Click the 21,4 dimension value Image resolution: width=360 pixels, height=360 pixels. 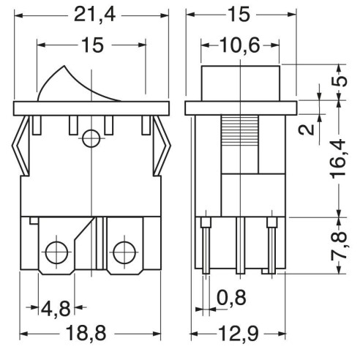click(94, 15)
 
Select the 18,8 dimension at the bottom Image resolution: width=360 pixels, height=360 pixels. click(86, 333)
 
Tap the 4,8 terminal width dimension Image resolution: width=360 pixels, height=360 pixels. click(56, 308)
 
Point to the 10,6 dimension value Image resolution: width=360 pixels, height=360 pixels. click(240, 45)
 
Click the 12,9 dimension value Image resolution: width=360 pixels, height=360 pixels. click(239, 333)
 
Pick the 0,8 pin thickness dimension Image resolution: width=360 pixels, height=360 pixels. click(231, 297)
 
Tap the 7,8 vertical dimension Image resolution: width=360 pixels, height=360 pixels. click(339, 245)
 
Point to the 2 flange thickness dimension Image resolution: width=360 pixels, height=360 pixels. click(307, 130)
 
